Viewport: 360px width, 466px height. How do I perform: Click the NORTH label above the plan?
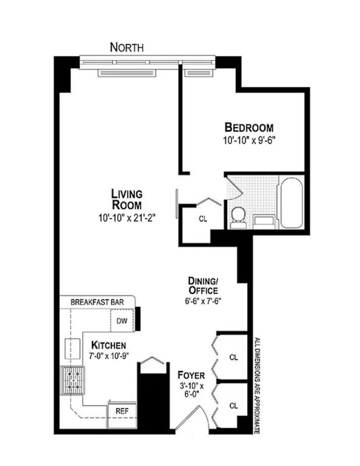pyautogui.click(x=126, y=47)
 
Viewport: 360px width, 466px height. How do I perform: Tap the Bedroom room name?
pyautogui.click(x=249, y=127)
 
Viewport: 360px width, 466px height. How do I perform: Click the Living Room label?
pyautogui.click(x=126, y=199)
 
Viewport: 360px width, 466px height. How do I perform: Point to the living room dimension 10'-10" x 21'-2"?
pyautogui.click(x=127, y=219)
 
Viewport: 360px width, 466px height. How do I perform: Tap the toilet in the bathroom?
pyautogui.click(x=238, y=218)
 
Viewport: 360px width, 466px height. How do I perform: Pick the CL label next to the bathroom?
pyautogui.click(x=203, y=219)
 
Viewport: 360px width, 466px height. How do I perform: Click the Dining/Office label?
pyautogui.click(x=203, y=285)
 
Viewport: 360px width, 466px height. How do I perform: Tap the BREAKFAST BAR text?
pyautogui.click(x=97, y=302)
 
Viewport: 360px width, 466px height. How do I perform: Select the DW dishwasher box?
pyautogui.click(x=122, y=321)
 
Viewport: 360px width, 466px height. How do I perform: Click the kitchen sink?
pyautogui.click(x=73, y=348)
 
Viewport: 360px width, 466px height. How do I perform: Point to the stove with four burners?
pyautogui.click(x=72, y=381)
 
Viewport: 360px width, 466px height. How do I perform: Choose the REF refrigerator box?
pyautogui.click(x=122, y=415)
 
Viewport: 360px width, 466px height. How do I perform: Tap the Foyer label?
pyautogui.click(x=191, y=375)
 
